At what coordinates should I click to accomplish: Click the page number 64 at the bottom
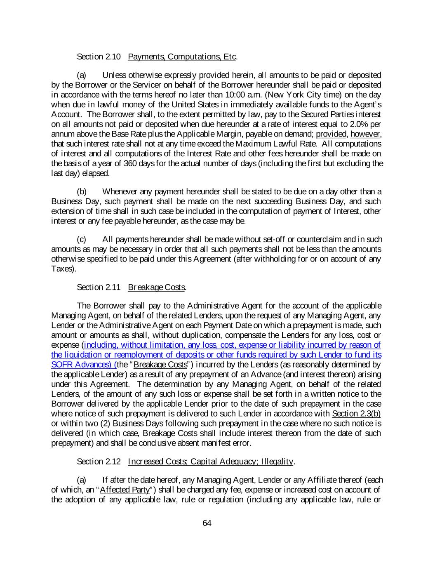pos(207,523)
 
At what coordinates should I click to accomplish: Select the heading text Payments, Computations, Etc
pos(182,57)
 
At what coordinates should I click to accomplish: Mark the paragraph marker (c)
pos(82,240)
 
